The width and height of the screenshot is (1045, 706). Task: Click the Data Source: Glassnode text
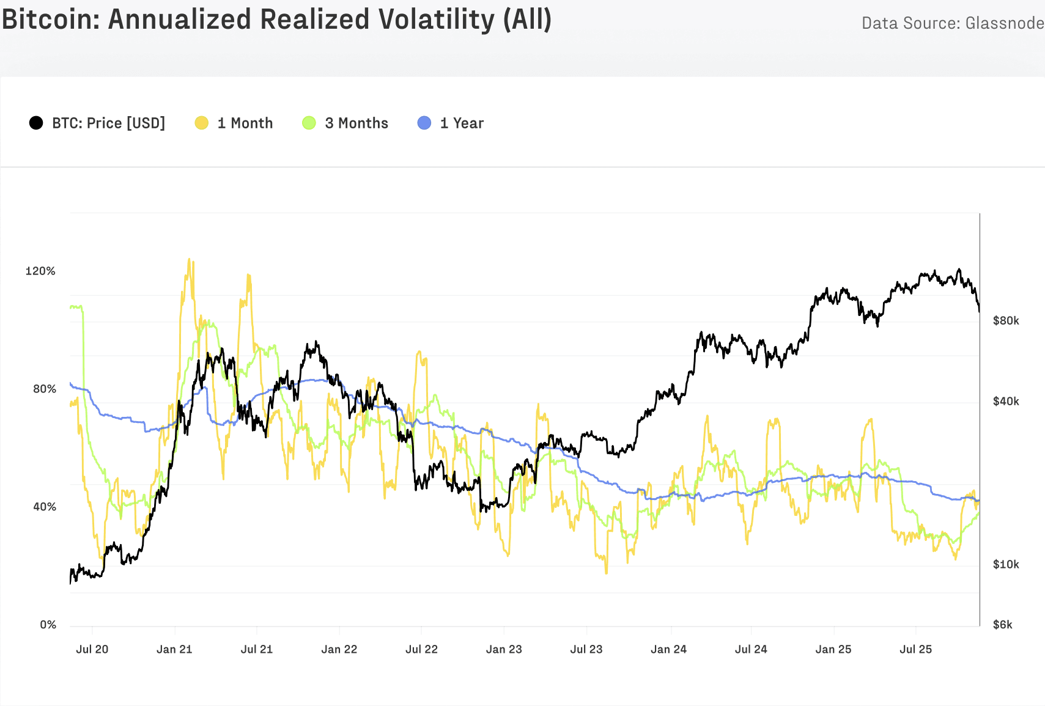(952, 23)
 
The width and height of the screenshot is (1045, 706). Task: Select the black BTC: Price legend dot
(36, 123)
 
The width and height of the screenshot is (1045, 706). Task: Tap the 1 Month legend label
(245, 123)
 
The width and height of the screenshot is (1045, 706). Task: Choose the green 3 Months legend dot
(309, 123)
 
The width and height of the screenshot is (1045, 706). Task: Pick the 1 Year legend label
(462, 123)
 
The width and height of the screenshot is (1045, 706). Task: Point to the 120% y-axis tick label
(40, 271)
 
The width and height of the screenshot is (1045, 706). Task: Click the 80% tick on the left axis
(44, 389)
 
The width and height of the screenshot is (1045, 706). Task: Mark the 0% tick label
(48, 624)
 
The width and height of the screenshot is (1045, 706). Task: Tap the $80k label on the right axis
(1006, 320)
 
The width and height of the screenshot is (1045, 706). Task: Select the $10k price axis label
(1006, 564)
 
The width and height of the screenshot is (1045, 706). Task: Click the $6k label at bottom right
(1003, 624)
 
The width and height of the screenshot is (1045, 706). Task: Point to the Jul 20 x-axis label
(92, 649)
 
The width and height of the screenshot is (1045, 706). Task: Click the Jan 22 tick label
(339, 649)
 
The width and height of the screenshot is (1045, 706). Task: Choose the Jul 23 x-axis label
(586, 649)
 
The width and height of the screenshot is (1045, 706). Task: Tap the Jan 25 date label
(833, 649)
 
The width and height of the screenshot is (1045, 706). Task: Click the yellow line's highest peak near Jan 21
(189, 259)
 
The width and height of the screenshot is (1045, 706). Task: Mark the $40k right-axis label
(1006, 401)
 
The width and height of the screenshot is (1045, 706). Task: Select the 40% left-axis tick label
(44, 507)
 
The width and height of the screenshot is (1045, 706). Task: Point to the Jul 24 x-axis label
(751, 649)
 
